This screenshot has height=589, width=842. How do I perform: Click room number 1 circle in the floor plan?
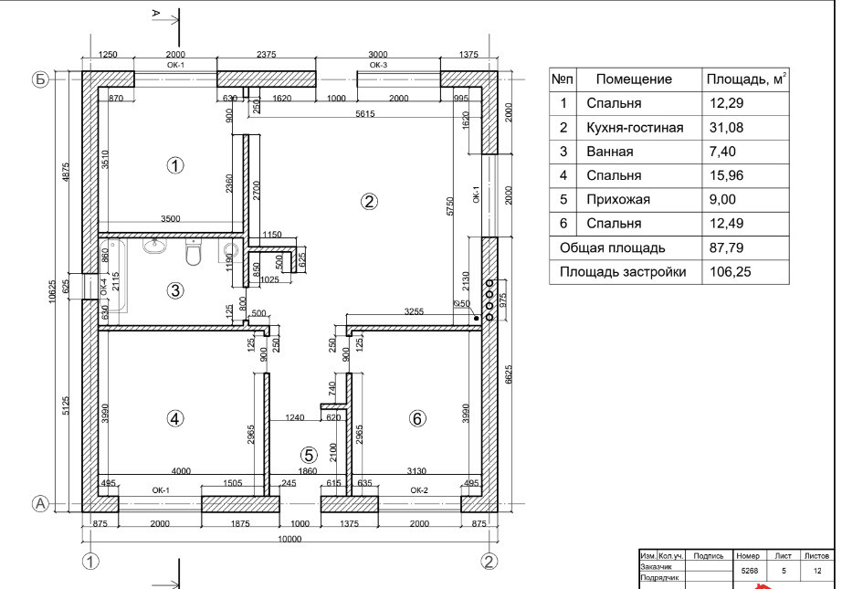pos(175,165)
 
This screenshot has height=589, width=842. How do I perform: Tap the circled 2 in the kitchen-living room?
pos(370,202)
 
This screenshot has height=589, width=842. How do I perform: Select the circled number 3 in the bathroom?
pos(175,291)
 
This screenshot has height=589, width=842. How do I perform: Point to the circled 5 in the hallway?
pos(309,454)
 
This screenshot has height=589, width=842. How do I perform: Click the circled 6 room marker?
pos(417,418)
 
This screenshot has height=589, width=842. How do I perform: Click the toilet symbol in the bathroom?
pos(193,253)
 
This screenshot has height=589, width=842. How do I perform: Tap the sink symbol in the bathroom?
pos(155,247)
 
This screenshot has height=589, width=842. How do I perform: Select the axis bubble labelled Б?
pos(40,79)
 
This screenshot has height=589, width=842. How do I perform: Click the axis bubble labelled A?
pos(40,503)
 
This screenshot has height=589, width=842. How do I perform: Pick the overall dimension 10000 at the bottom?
pos(289,540)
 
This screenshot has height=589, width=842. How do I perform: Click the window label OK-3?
pos(378,66)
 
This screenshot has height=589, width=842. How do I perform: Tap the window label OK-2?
pos(419,490)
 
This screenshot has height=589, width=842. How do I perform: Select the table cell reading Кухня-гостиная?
pos(635,128)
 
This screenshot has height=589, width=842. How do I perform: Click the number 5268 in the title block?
pos(752,570)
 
